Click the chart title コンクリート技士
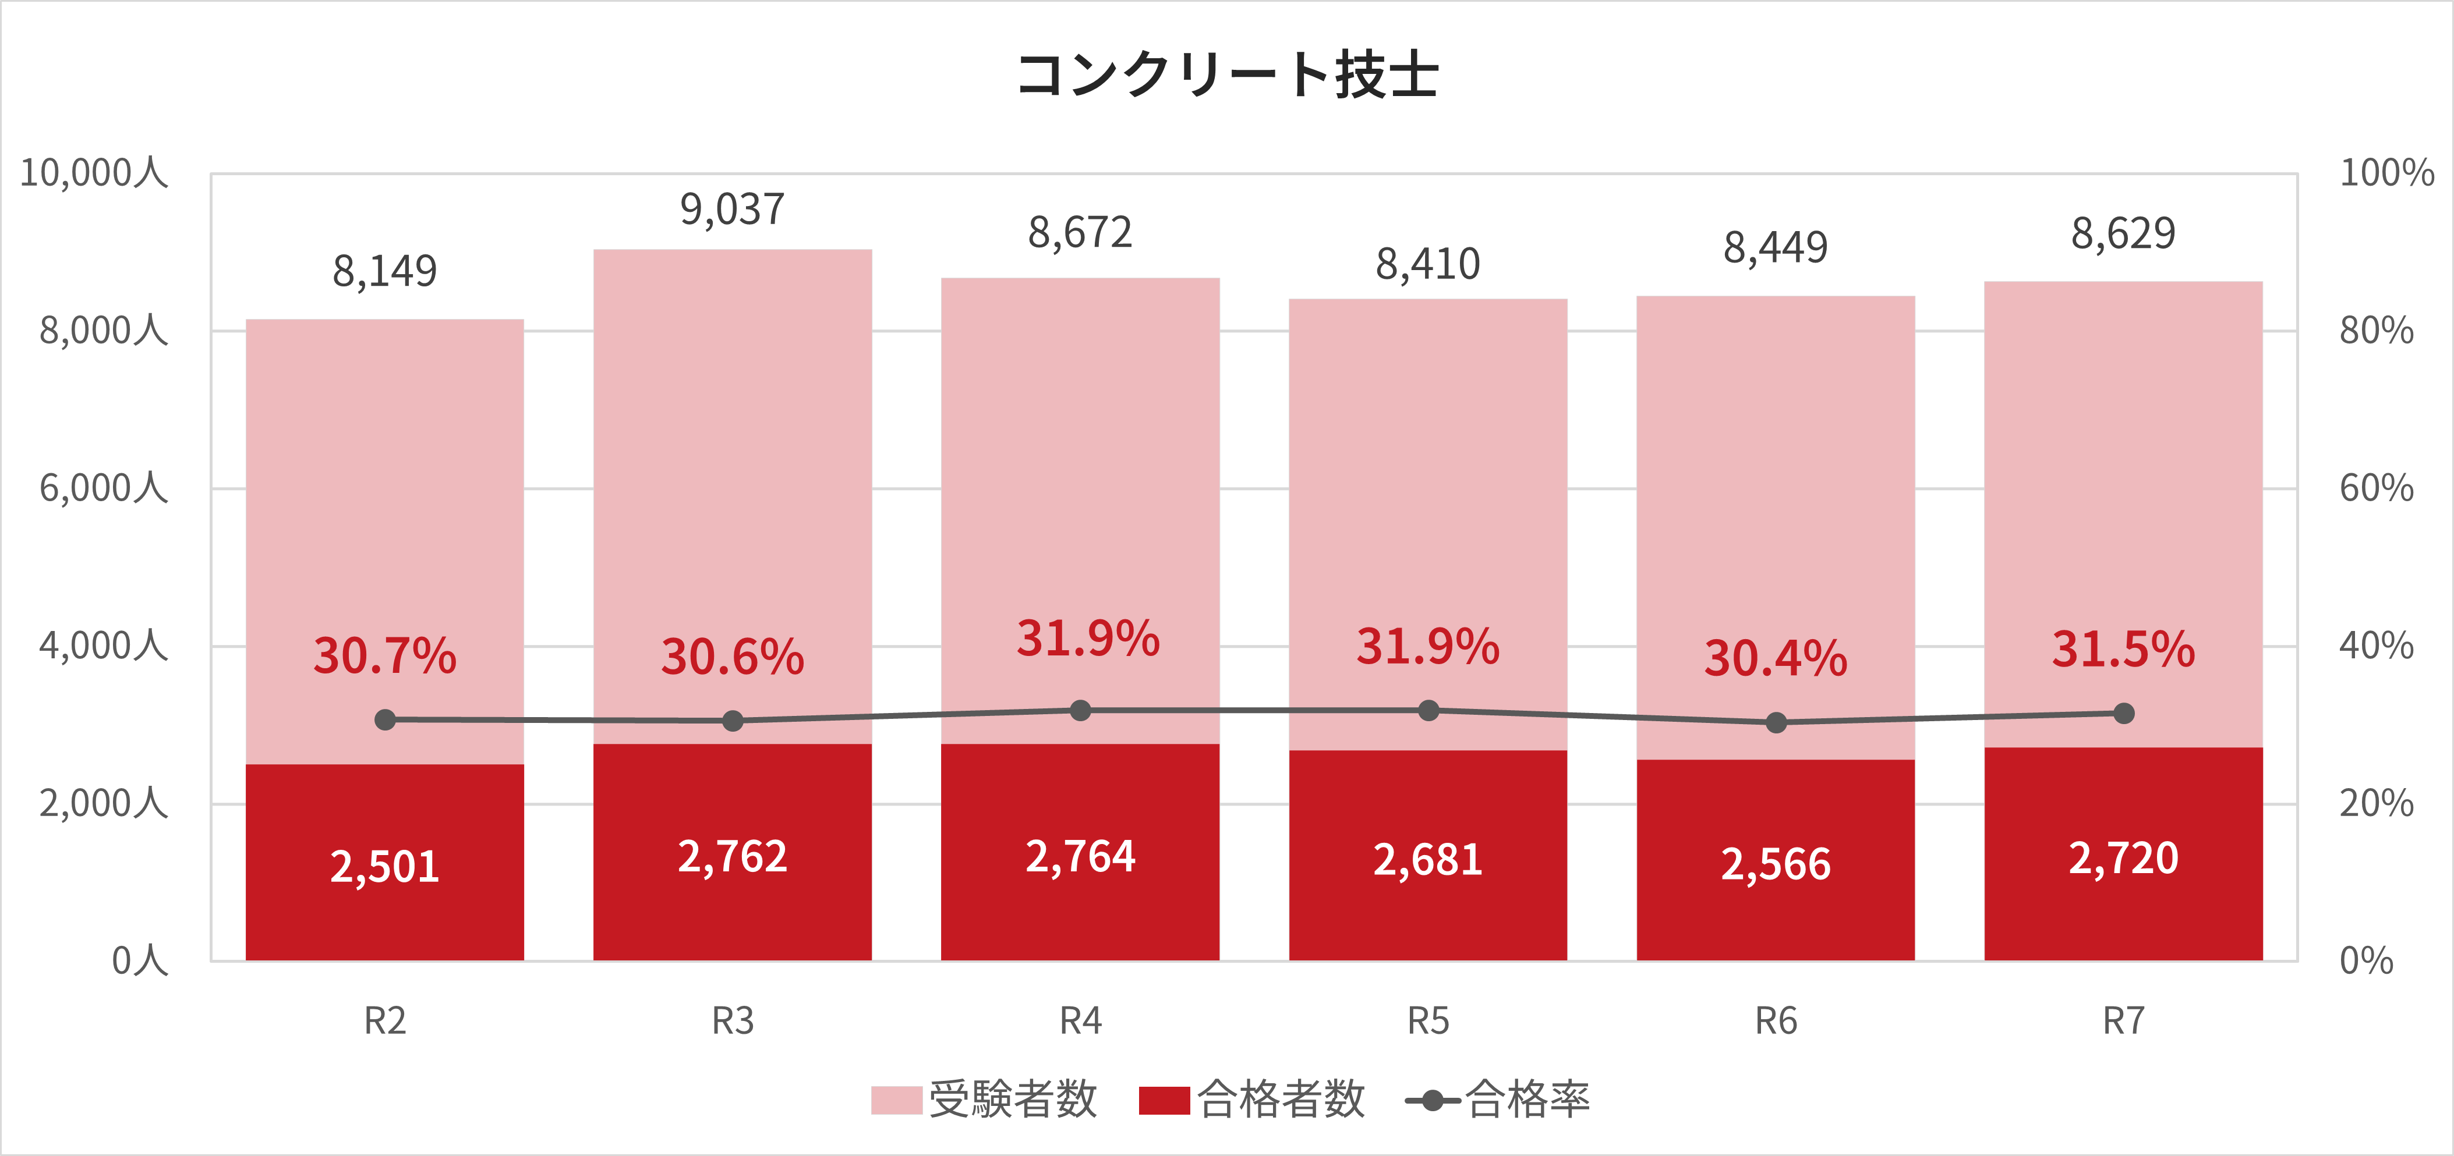pyautogui.click(x=1227, y=75)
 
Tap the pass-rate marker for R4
pyautogui.click(x=1080, y=710)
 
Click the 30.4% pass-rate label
pyautogui.click(x=1775, y=658)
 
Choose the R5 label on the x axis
pyautogui.click(x=1428, y=1021)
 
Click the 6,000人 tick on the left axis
pyautogui.click(x=103, y=488)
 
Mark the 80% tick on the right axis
pyautogui.click(x=2376, y=331)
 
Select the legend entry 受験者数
pyautogui.click(x=985, y=1100)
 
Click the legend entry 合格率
pyautogui.click(x=1498, y=1100)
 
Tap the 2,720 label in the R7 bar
pyautogui.click(x=2123, y=858)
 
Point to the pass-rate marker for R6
pyautogui.click(x=1776, y=723)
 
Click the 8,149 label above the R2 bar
pyautogui.click(x=385, y=271)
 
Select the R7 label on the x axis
pyautogui.click(x=2123, y=1021)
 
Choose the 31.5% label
pyautogui.click(x=2123, y=650)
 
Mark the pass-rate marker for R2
pyautogui.click(x=385, y=720)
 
